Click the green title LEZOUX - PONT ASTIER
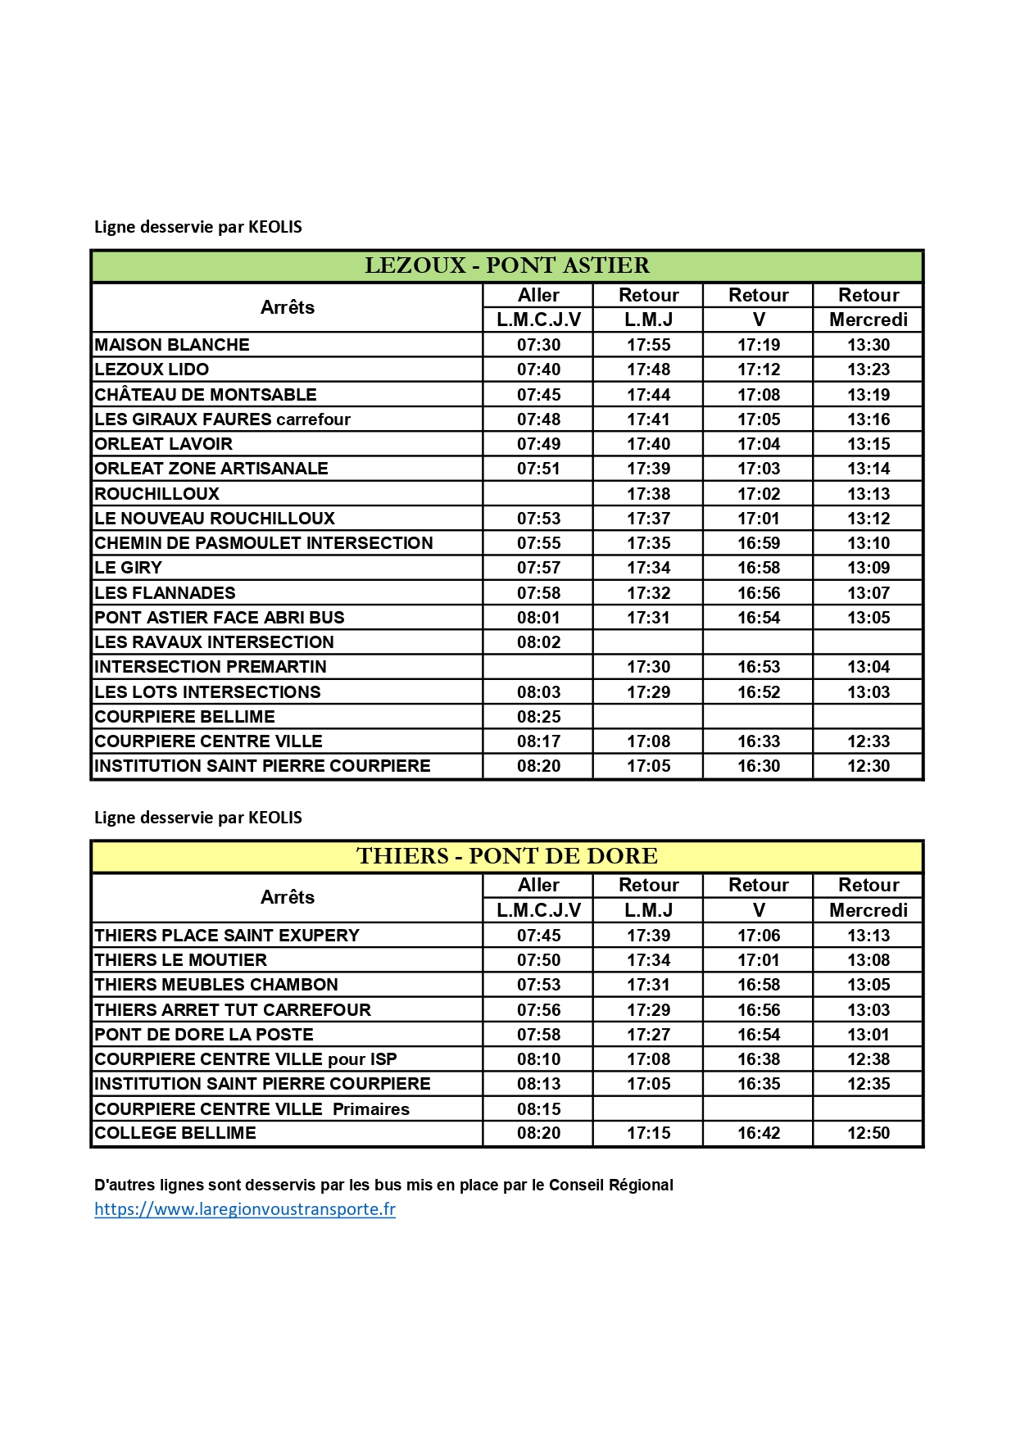(x=506, y=265)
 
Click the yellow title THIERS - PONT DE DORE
(x=506, y=856)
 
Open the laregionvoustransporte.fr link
(x=245, y=1209)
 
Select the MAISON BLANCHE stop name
(x=172, y=345)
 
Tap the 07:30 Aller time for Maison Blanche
(x=538, y=345)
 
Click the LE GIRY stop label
(x=129, y=568)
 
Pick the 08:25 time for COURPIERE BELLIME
(x=538, y=717)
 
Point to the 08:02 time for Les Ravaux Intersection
(x=538, y=642)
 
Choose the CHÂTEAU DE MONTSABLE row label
(x=206, y=395)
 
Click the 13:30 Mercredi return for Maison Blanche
(x=869, y=345)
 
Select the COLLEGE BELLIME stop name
(x=175, y=1133)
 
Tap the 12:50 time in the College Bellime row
(x=869, y=1133)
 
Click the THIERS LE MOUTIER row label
(x=181, y=960)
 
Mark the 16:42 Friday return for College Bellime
(x=759, y=1133)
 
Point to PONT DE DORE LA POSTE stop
(x=204, y=1035)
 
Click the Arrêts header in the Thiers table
(x=288, y=897)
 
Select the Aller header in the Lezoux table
(x=538, y=295)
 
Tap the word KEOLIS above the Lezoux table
(x=275, y=227)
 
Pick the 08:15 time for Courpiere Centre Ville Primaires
(x=538, y=1109)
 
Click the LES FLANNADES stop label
(x=165, y=593)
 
